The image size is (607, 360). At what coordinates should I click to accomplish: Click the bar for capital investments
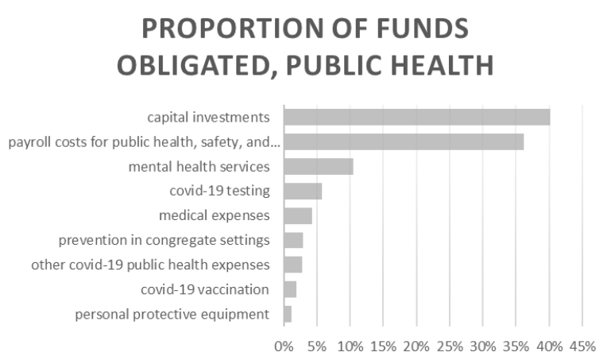[x=416, y=118]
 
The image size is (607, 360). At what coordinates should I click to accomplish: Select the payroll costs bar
[x=403, y=142]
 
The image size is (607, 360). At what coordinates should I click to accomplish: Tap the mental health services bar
[x=318, y=167]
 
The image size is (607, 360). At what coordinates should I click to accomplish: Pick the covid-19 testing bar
[x=302, y=192]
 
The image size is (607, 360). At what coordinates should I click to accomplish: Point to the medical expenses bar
[x=297, y=216]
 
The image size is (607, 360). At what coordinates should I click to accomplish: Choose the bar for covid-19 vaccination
[x=289, y=289]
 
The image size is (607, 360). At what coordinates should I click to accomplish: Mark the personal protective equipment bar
[x=287, y=314]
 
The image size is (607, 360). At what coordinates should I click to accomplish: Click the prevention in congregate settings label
[x=164, y=240]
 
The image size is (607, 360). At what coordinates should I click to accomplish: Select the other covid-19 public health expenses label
[x=150, y=265]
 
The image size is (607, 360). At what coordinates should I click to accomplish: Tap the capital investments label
[x=208, y=118]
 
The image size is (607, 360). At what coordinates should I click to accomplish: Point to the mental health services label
[x=199, y=167]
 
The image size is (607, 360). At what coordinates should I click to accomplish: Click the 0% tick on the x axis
[x=283, y=346]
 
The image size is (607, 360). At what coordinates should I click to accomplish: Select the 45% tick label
[x=582, y=346]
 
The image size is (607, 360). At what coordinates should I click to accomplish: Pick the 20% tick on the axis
[x=416, y=346]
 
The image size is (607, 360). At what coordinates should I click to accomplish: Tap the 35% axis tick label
[x=516, y=346]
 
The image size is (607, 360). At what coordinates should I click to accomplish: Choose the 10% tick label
[x=350, y=346]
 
